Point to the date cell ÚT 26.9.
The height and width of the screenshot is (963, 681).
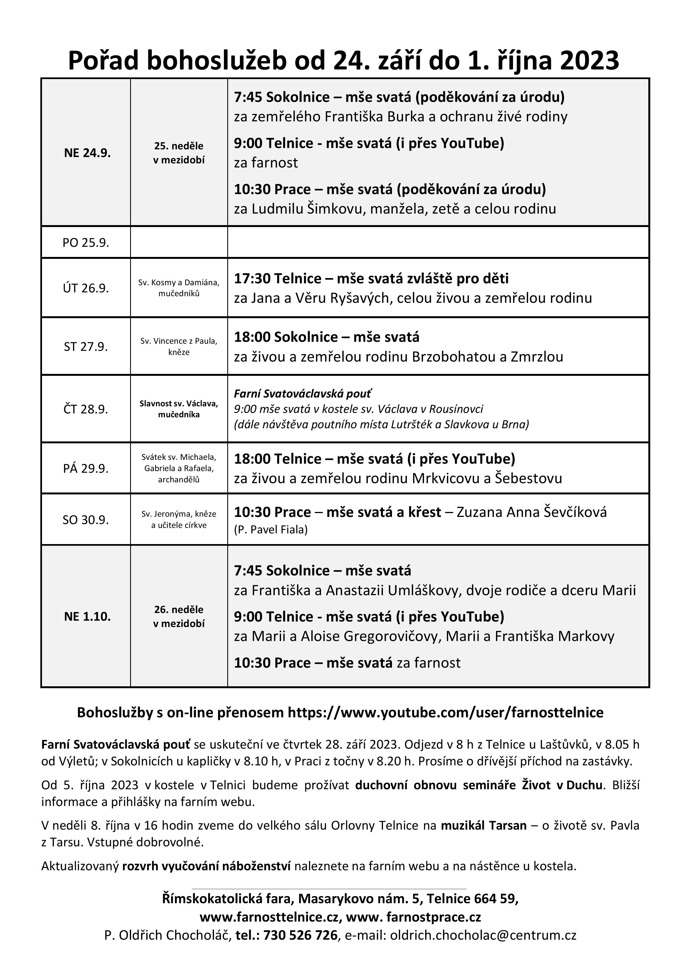pyautogui.click(x=86, y=289)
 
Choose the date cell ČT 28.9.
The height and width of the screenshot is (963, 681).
pyautogui.click(x=86, y=409)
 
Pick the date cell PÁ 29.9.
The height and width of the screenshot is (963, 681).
pyautogui.click(x=86, y=469)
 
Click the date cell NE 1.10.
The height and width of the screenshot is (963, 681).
pyautogui.click(x=87, y=617)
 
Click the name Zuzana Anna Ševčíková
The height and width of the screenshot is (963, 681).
pyautogui.click(x=531, y=512)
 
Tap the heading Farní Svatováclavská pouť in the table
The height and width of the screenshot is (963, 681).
pyautogui.click(x=302, y=393)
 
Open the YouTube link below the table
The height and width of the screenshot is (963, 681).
pyautogui.click(x=445, y=713)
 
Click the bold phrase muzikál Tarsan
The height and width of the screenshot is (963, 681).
pyautogui.click(x=483, y=825)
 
